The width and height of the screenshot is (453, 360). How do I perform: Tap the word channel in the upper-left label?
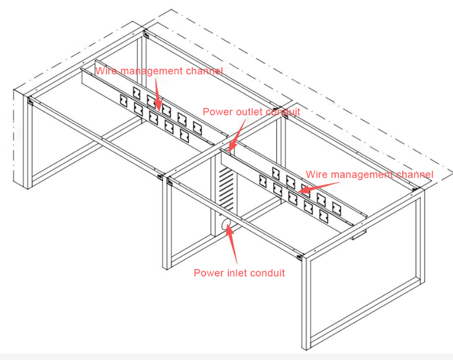tap(204, 71)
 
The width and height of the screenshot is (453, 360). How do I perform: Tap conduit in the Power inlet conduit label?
tap(267, 273)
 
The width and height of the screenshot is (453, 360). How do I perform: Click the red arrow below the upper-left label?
tap(157, 94)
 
